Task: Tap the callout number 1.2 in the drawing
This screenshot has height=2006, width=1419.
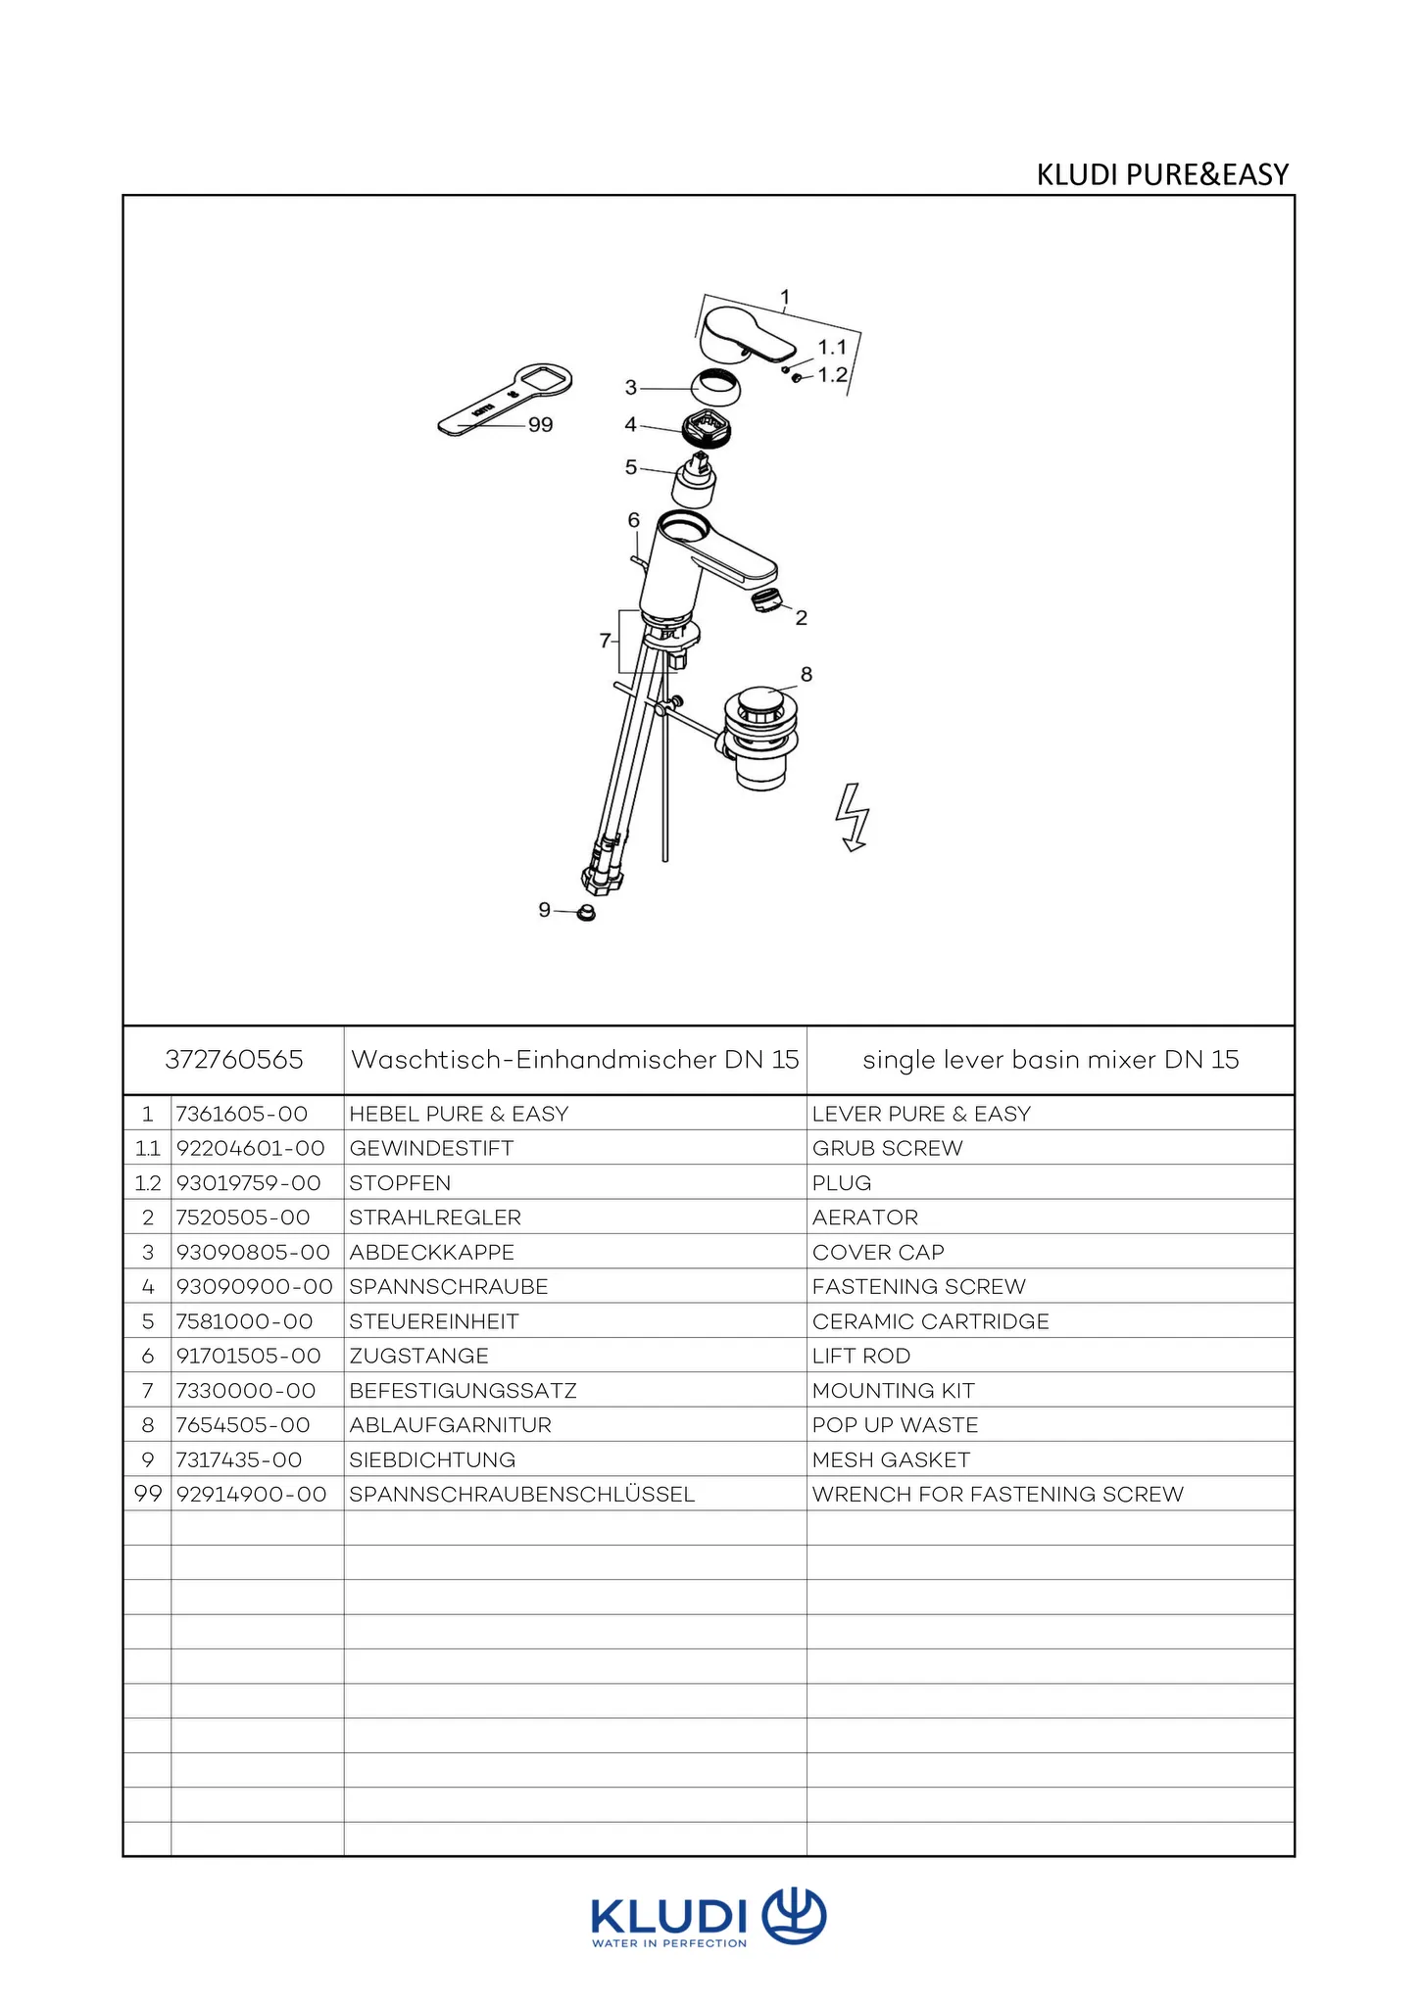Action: [x=832, y=375]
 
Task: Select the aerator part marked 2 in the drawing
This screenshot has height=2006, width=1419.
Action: [x=765, y=600]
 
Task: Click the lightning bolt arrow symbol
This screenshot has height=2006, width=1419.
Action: [x=853, y=817]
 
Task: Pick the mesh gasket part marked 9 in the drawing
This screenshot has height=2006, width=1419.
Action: [x=586, y=913]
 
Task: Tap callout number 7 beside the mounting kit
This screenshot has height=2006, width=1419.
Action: [x=605, y=641]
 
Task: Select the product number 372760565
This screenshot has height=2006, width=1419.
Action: [x=234, y=1060]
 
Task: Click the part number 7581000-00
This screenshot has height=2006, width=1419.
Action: [x=244, y=1321]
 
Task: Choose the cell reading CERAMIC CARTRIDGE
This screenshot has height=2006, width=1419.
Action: [x=930, y=1321]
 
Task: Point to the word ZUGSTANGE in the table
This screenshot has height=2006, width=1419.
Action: [x=418, y=1356]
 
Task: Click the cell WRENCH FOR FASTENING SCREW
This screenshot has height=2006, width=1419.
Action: [x=998, y=1494]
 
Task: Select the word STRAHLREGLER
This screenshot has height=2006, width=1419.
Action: [x=435, y=1218]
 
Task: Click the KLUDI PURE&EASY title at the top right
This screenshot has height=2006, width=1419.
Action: [x=1162, y=174]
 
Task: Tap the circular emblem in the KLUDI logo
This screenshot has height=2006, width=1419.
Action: [x=794, y=1916]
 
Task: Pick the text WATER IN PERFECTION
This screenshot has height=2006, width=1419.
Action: [x=669, y=1943]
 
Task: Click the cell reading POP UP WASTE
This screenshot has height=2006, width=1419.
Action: [x=895, y=1425]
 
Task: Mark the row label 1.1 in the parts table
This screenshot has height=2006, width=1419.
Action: [x=147, y=1148]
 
